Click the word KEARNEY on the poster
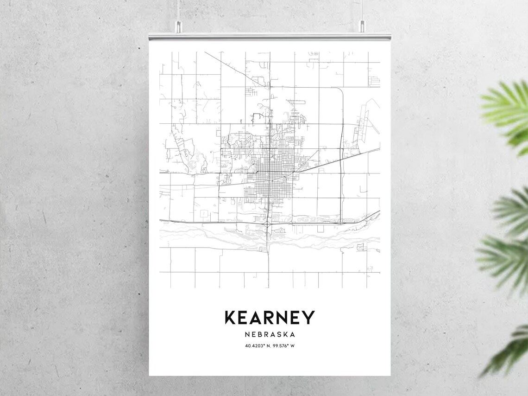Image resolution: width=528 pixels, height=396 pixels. click(270, 318)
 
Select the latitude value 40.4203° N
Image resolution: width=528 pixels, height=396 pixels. click(258, 345)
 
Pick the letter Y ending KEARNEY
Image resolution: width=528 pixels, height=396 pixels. click(308, 318)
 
